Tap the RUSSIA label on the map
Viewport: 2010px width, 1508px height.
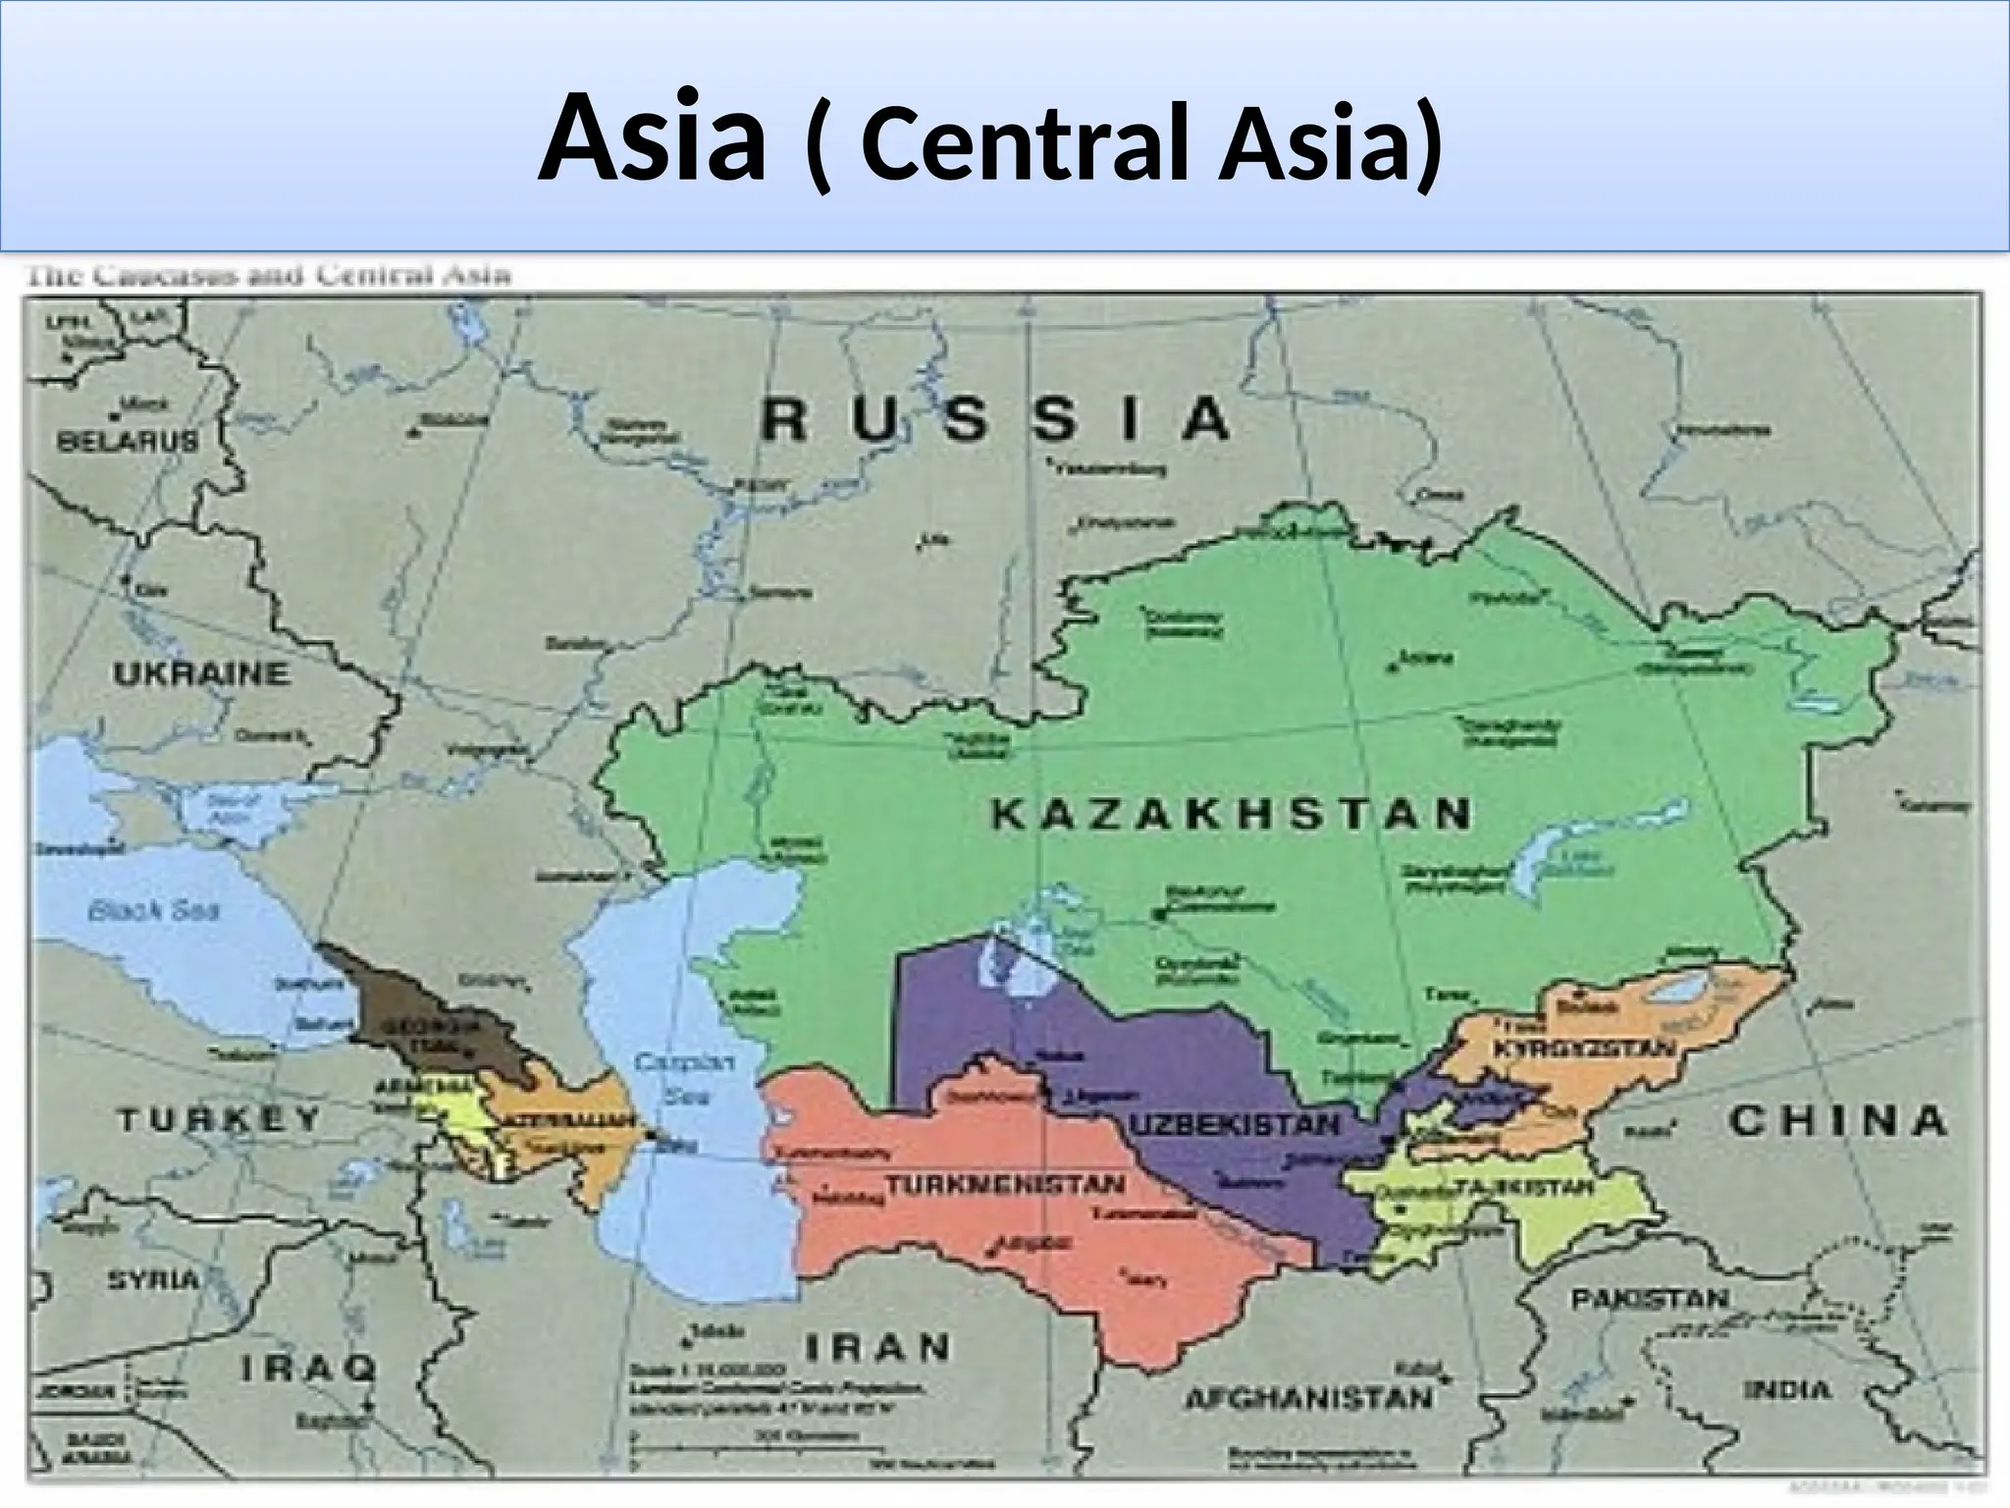click(995, 420)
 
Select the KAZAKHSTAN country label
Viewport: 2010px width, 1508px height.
click(1231, 815)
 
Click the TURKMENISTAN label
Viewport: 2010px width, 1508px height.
click(1005, 1184)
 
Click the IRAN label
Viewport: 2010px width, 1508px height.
click(876, 1347)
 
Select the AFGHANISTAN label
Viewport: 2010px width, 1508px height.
click(1309, 1398)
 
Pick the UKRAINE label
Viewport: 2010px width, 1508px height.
click(201, 674)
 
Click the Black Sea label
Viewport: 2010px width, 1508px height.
click(153, 910)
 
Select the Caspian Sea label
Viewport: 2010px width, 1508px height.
click(671, 1078)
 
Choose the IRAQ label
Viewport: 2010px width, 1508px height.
click(308, 1368)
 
